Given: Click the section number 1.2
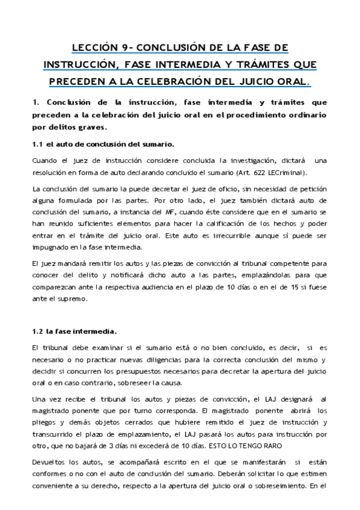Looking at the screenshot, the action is coord(37,331).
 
